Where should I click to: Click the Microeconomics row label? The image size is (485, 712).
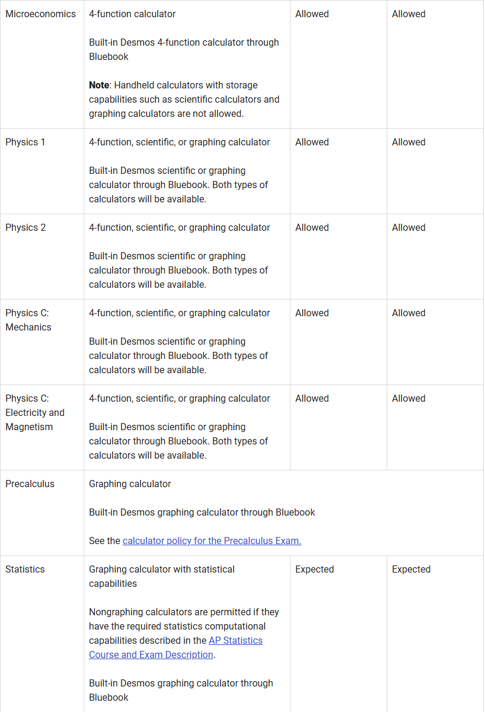tap(40, 14)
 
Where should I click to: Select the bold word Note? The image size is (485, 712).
tap(99, 85)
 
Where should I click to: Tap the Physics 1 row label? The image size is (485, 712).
tap(25, 142)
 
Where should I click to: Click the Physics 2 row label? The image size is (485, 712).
tap(25, 227)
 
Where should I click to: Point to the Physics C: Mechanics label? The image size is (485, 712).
tap(28, 320)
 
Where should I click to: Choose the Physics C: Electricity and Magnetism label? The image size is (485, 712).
tap(34, 412)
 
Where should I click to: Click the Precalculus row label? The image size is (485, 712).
tap(30, 484)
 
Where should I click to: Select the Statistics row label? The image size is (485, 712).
tap(25, 569)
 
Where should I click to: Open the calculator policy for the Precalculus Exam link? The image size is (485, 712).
tap(212, 541)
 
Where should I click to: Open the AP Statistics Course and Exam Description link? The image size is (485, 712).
tap(176, 648)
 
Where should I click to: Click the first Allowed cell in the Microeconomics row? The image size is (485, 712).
tap(312, 14)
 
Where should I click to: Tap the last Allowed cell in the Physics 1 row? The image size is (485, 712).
tap(409, 142)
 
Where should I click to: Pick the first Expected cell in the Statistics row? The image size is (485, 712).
tap(314, 569)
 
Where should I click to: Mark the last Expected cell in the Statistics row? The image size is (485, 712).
tap(411, 569)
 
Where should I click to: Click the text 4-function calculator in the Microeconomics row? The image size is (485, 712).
tap(132, 14)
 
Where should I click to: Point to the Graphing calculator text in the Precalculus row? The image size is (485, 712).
tap(130, 484)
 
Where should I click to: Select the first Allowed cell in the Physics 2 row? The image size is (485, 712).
tap(312, 227)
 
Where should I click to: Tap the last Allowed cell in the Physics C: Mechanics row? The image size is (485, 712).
tap(409, 313)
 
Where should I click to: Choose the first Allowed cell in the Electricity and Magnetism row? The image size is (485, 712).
tap(312, 398)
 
